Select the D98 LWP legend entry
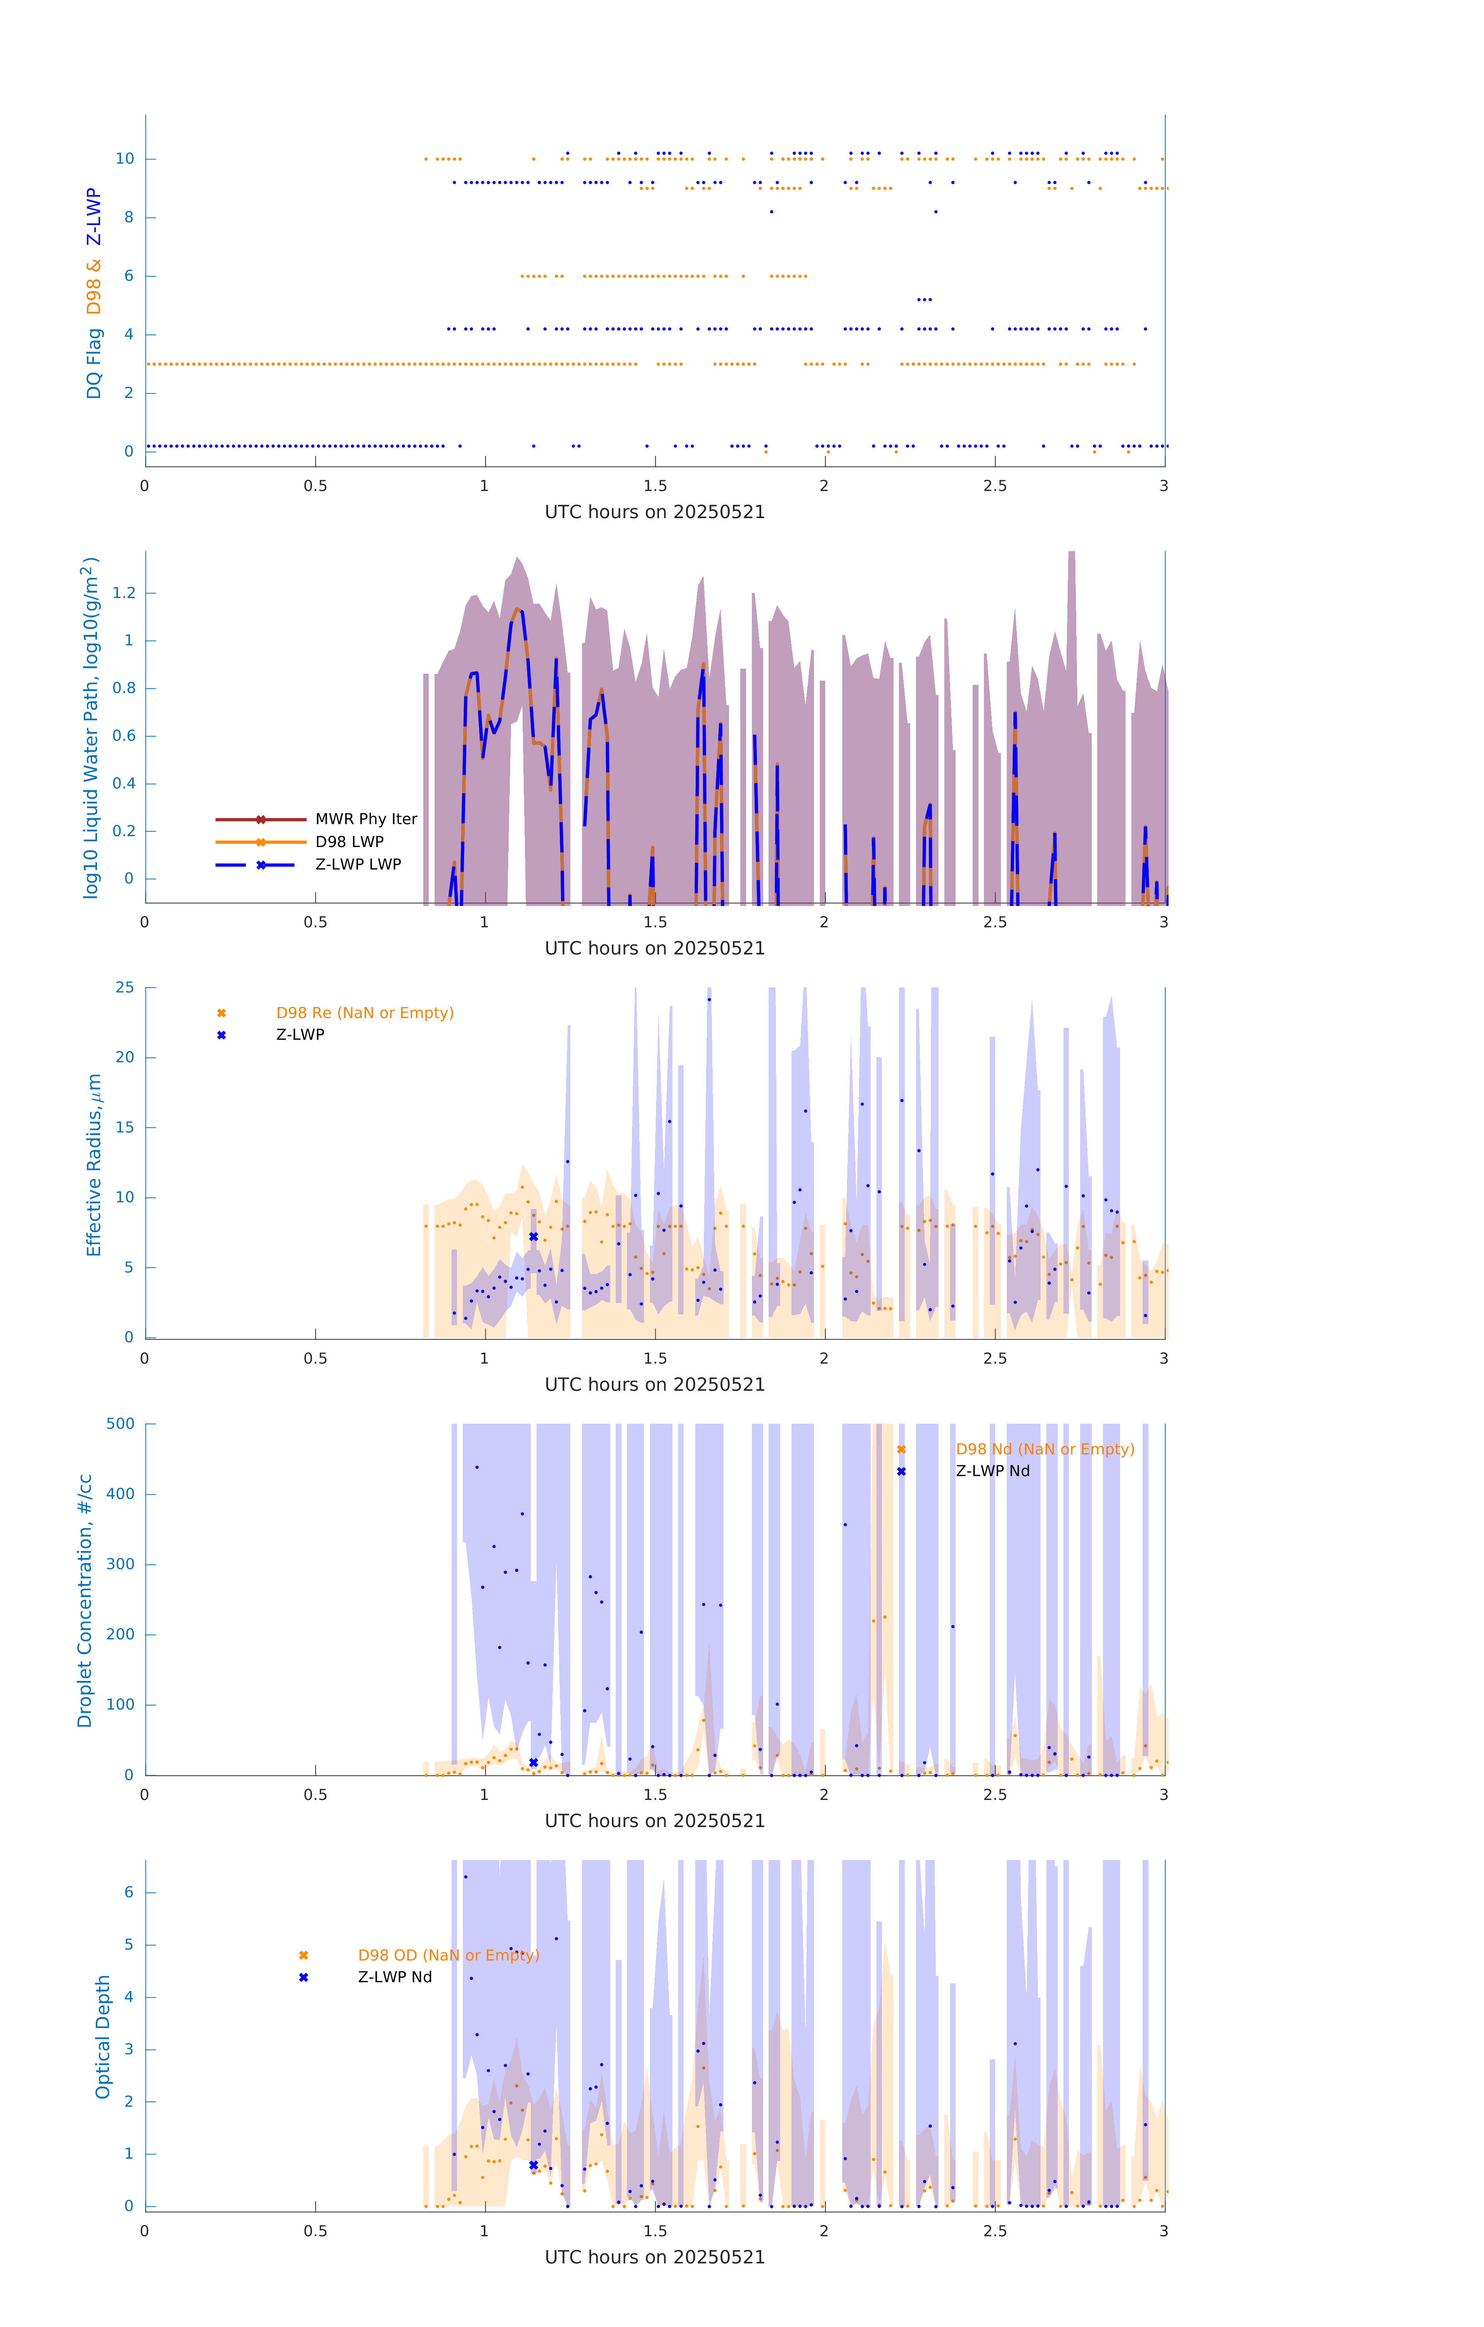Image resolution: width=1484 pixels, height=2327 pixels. click(349, 842)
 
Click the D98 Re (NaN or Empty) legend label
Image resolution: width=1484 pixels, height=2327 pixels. click(364, 1013)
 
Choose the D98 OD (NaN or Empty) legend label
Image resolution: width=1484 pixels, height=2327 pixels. click(448, 1955)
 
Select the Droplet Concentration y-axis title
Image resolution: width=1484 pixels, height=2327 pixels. click(85, 1600)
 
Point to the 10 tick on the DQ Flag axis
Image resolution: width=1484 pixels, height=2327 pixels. click(125, 159)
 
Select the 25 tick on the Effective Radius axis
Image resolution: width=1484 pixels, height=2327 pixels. click(125, 988)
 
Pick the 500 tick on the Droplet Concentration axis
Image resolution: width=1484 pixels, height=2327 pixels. click(121, 1423)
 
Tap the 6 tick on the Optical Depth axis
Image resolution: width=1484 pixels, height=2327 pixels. click(128, 1892)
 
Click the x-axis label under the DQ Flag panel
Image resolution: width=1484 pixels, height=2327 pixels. click(655, 512)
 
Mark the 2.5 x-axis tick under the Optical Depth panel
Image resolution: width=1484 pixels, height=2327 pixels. click(995, 2231)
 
